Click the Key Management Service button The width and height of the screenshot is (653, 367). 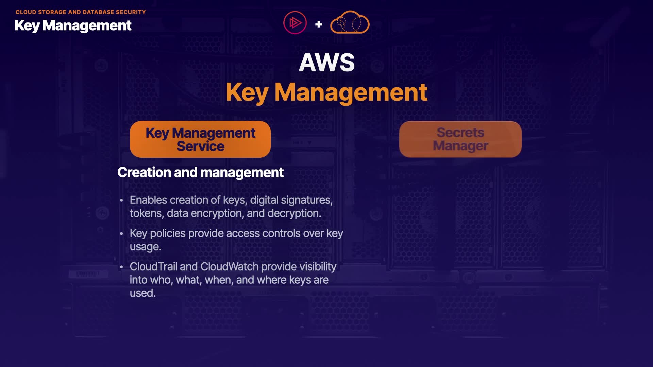coord(200,139)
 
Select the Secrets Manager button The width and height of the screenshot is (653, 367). coord(460,139)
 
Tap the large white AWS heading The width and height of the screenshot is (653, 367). coord(326,63)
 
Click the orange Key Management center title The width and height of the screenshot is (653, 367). coord(326,92)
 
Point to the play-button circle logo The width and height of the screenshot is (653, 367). coord(295,23)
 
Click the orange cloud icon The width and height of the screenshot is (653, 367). coord(350,23)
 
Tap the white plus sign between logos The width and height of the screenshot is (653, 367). coord(319,24)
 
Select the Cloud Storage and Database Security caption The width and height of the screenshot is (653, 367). coord(81,12)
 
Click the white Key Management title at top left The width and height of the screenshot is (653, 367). coord(73,25)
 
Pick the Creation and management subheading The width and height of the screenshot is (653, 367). coord(200,172)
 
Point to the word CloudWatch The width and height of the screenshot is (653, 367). coord(229,267)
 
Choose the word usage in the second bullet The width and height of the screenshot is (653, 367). coord(145,247)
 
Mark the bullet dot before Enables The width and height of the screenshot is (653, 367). coord(121,200)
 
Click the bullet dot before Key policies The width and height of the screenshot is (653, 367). coord(121,234)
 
